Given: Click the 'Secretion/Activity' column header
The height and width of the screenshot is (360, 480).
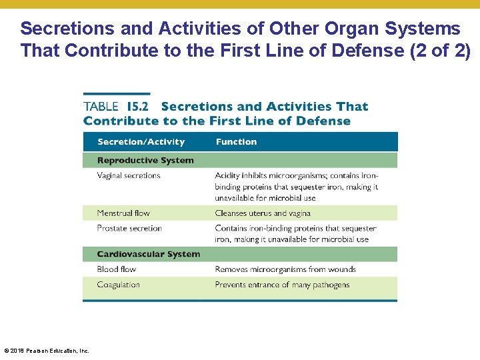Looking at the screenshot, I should [x=141, y=142].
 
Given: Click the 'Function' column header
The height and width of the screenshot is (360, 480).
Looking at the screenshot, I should [x=236, y=142].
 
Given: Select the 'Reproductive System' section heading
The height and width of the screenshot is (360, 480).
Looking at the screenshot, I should [x=145, y=161].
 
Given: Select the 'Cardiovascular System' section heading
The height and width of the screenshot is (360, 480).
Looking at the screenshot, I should [x=148, y=254].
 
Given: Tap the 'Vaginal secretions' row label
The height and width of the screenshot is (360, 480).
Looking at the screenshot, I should [x=129, y=176].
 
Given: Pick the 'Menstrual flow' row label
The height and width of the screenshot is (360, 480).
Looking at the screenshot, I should [x=123, y=213].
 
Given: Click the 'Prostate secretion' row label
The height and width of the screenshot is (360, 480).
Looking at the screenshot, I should [x=129, y=229].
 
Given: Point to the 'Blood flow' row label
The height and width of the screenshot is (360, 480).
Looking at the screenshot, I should [x=117, y=269].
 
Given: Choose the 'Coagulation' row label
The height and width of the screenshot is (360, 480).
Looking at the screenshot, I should [x=119, y=285].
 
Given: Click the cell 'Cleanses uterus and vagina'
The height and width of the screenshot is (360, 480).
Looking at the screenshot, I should [x=263, y=213].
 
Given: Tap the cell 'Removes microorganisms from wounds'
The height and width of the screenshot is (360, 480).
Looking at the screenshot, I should [x=285, y=269].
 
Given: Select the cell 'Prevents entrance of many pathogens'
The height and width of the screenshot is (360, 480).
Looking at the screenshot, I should [x=282, y=285].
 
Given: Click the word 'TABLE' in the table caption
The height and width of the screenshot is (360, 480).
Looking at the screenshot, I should [x=101, y=107].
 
